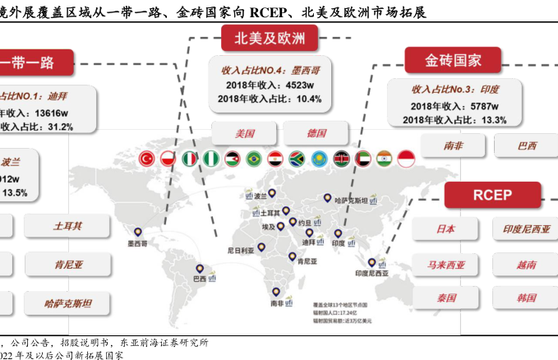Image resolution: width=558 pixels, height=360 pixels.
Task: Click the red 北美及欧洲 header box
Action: [270, 38]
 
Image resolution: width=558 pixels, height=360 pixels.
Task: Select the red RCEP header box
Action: [492, 195]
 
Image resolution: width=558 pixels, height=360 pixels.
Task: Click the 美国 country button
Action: [245, 133]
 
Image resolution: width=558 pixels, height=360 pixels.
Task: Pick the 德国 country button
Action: [316, 133]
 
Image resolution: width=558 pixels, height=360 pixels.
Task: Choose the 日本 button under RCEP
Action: [446, 229]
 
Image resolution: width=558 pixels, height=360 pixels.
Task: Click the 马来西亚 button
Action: [446, 265]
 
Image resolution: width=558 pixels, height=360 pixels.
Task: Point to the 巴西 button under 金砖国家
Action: [527, 146]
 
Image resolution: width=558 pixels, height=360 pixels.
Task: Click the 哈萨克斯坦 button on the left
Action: [68, 303]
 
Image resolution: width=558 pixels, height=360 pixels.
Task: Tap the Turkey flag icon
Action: [148, 158]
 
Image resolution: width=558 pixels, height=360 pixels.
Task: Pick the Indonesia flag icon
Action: [406, 158]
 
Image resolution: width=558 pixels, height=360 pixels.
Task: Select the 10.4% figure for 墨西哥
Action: [308, 99]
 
